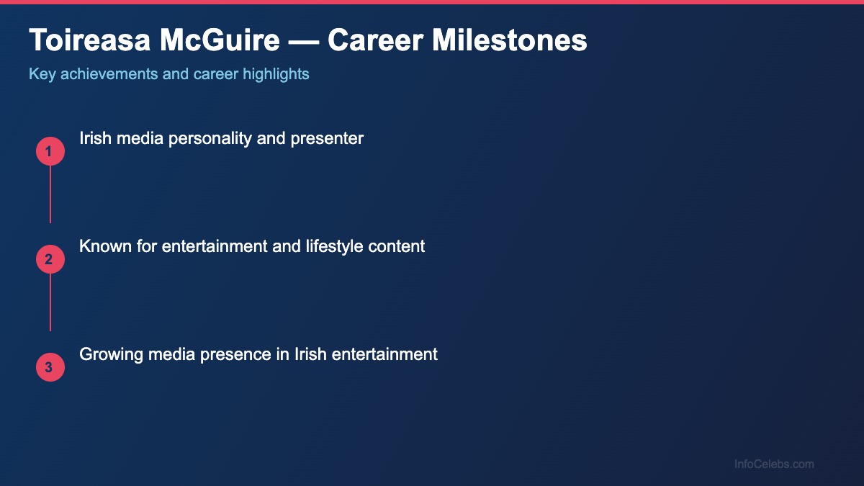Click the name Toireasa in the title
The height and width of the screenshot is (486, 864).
pos(89,41)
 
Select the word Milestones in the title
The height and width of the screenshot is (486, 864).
pos(510,41)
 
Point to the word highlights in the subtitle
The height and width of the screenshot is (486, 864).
pos(276,74)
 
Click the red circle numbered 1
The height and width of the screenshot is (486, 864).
pos(50,151)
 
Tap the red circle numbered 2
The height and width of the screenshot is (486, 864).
pos(50,259)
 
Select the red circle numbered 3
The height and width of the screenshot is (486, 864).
pos(50,367)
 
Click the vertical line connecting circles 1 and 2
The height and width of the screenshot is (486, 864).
pos(50,194)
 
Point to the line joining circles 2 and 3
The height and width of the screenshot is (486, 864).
pos(50,302)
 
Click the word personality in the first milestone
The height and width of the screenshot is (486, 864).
pos(210,138)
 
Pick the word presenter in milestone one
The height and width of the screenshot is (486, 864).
pos(327,138)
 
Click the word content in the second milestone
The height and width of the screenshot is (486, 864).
pos(397,246)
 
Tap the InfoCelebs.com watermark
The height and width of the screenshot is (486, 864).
pos(774,464)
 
